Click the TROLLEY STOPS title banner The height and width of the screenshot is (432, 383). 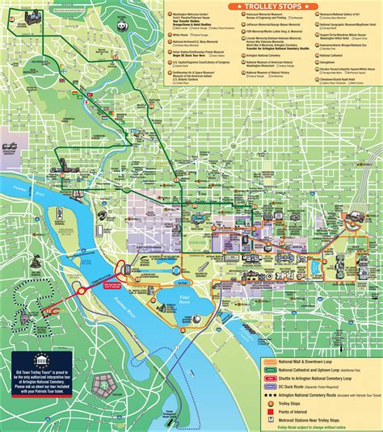pyautogui.click(x=266, y=6)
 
